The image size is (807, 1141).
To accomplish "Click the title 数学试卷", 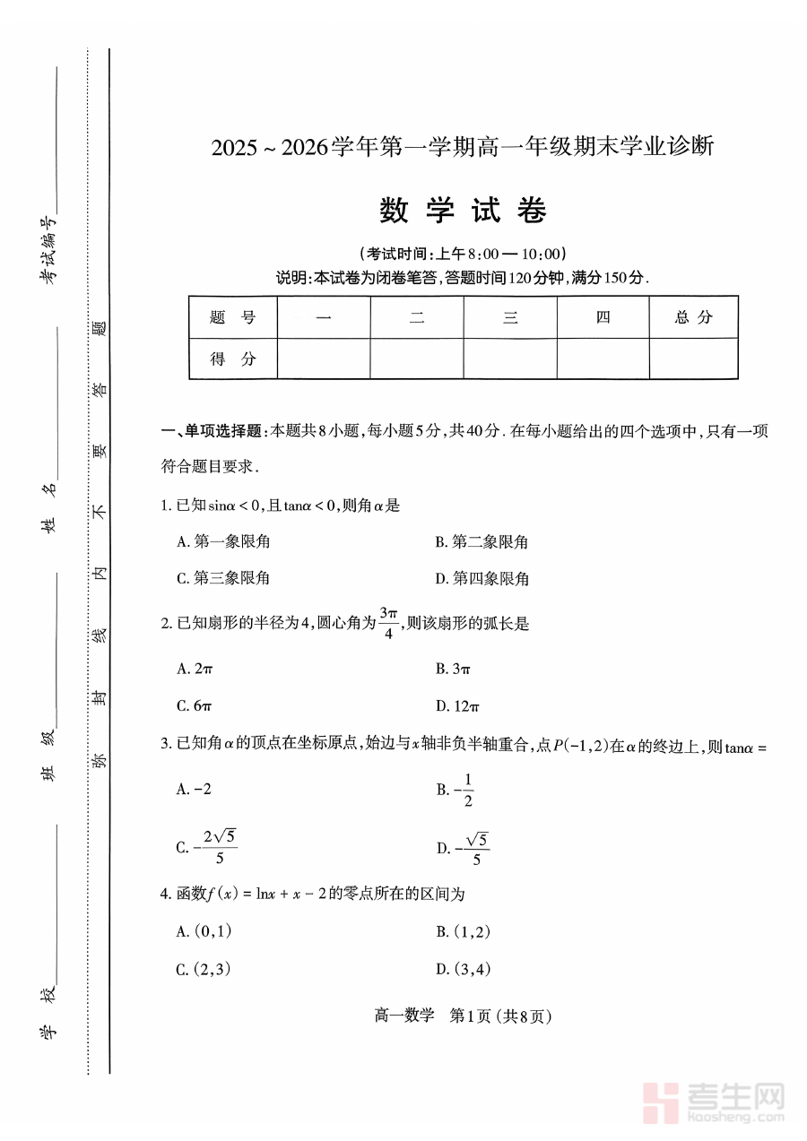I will click(463, 211).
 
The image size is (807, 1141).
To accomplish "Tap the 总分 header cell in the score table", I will click(693, 317).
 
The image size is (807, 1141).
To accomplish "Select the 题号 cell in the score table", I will click(233, 317).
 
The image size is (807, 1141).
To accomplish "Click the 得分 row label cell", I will click(233, 359).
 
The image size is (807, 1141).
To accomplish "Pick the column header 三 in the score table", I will click(510, 317).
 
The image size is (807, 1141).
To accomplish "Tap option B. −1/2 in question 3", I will click(456, 789).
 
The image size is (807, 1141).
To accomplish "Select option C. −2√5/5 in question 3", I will click(207, 847).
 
